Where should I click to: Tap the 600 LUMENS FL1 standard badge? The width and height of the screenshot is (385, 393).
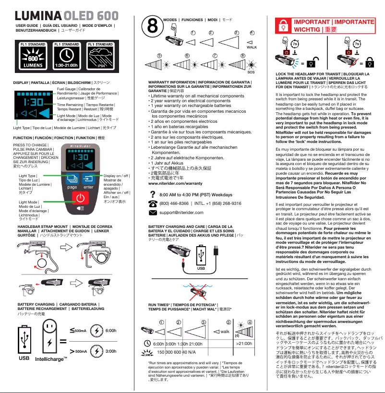click(33, 57)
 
